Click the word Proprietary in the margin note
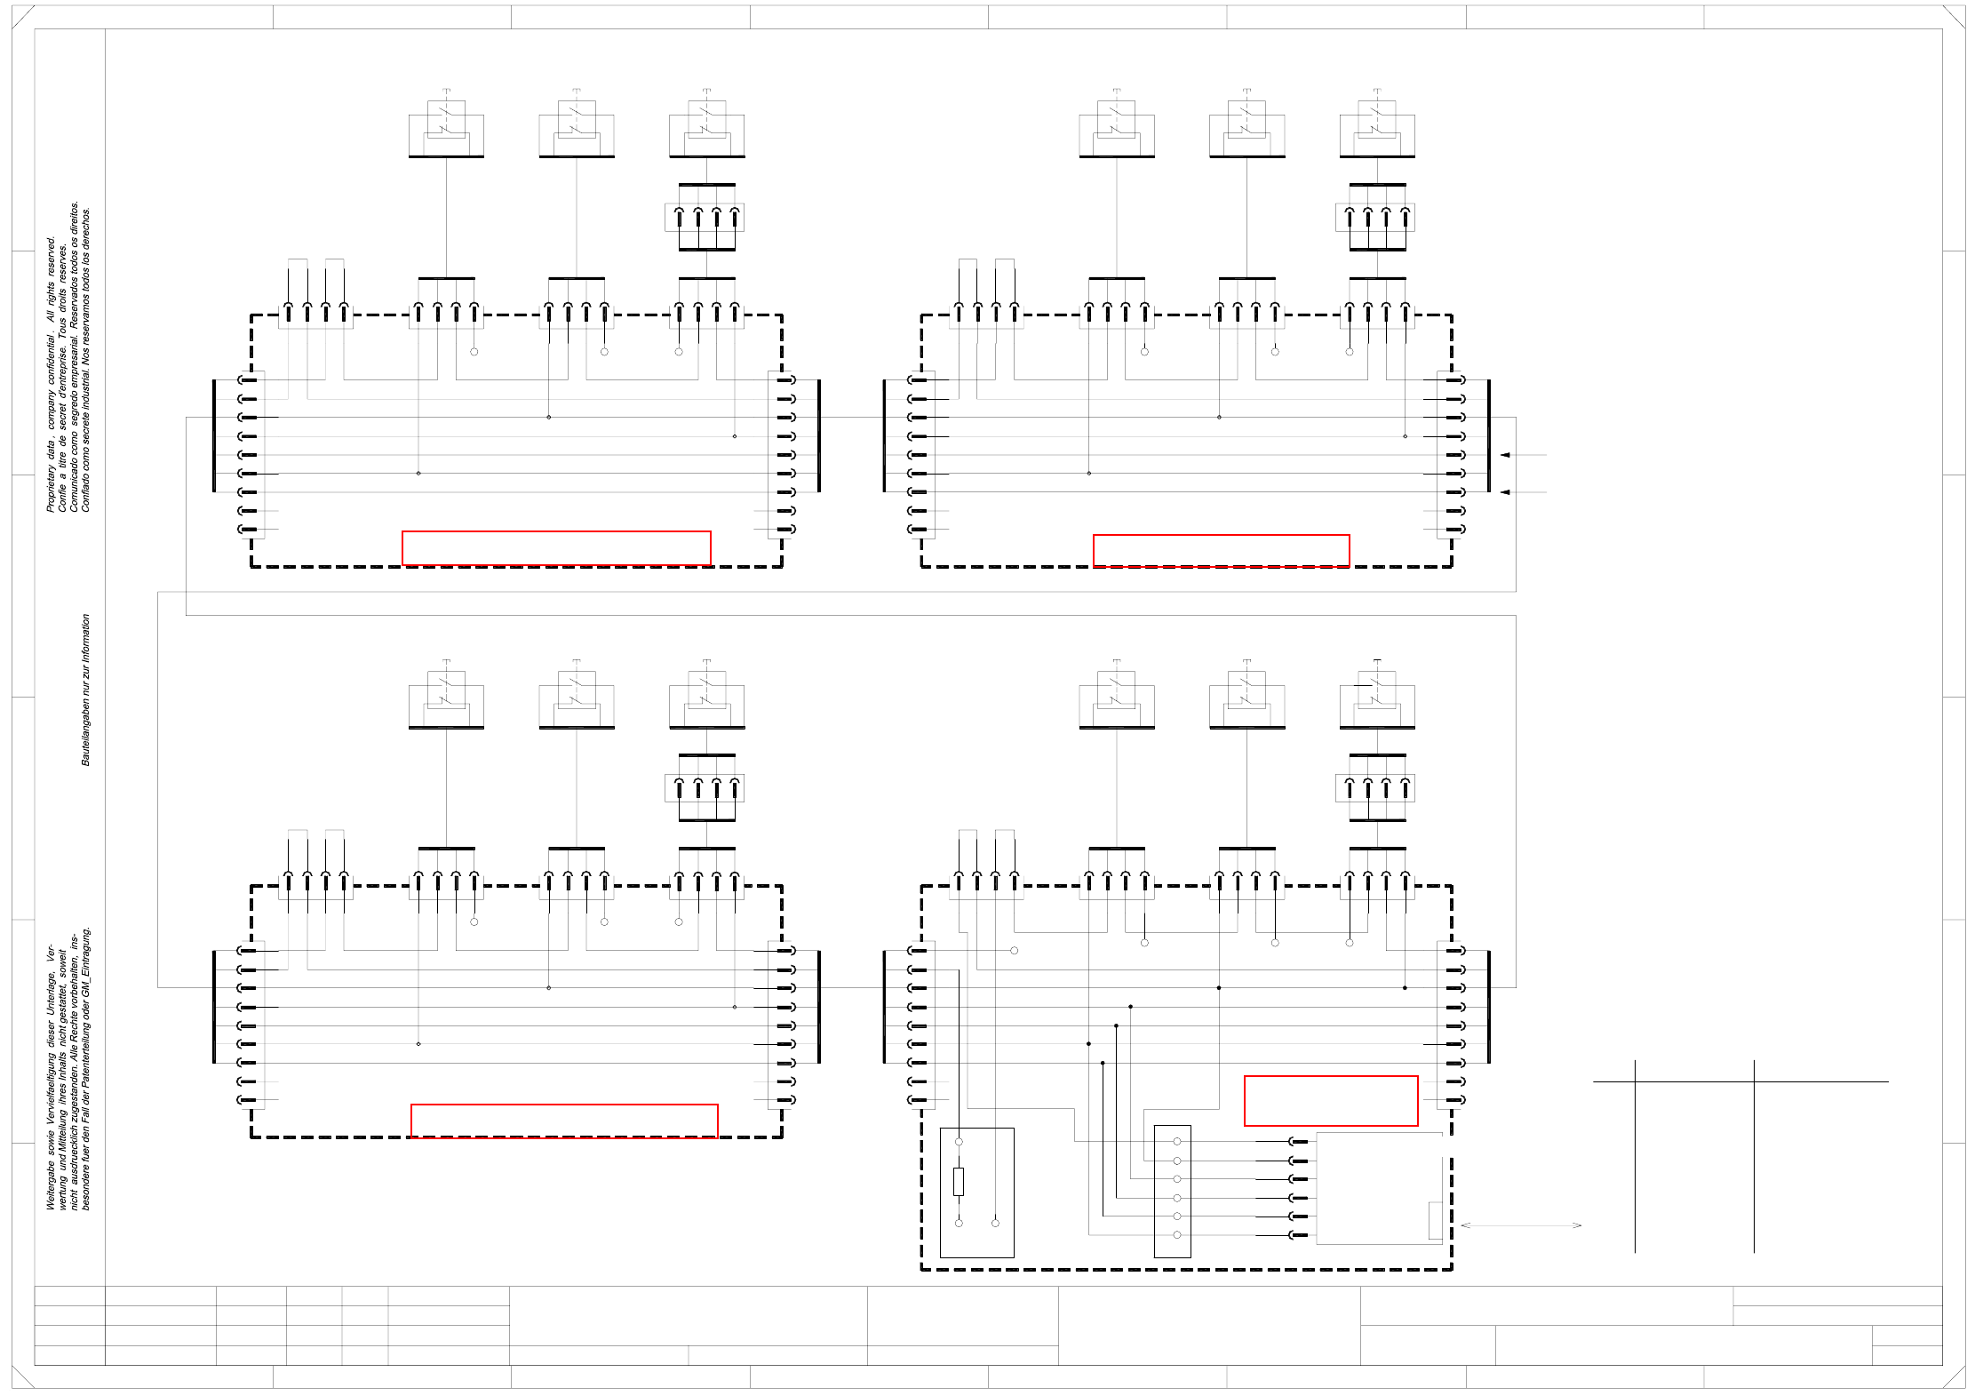(51, 488)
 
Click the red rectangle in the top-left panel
(556, 548)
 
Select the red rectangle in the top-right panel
(1221, 551)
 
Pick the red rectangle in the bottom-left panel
(564, 1121)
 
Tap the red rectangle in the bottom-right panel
(1330, 1101)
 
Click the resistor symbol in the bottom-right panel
(959, 1181)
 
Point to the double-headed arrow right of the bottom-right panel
(1520, 1225)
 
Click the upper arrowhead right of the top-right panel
(1505, 455)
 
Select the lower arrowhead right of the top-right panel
(1505, 491)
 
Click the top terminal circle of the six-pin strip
(1177, 1141)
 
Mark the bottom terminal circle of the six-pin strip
(1177, 1235)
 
